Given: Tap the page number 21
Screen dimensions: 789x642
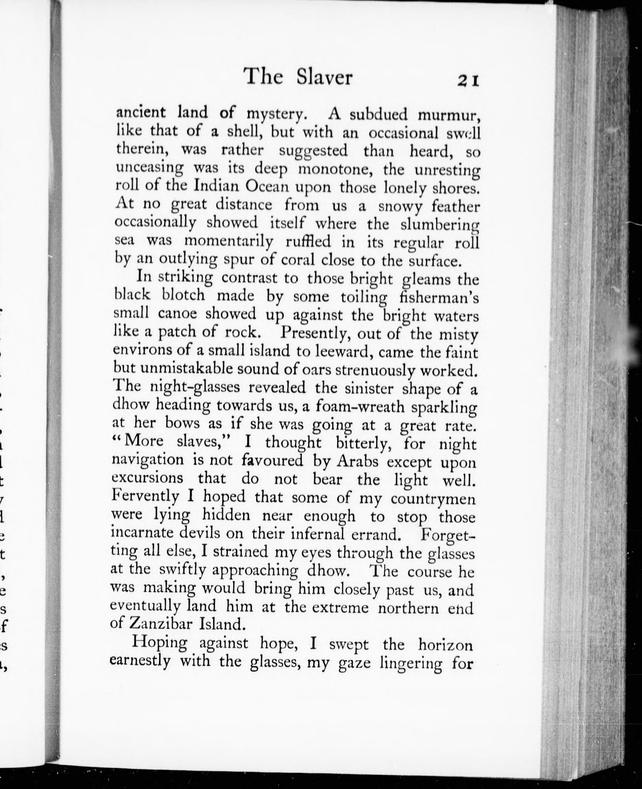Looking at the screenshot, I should [x=468, y=80].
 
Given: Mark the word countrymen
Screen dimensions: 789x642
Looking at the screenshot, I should [x=433, y=499].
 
